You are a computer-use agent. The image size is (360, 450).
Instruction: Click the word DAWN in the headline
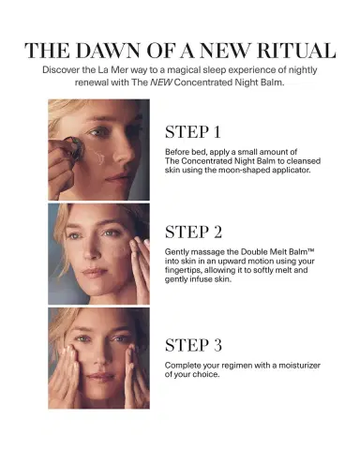(x=108, y=51)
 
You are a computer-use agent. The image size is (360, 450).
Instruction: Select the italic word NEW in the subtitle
(x=161, y=82)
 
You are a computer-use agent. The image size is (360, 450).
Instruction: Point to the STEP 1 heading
(x=193, y=131)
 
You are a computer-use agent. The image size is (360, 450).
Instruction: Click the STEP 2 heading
(x=193, y=232)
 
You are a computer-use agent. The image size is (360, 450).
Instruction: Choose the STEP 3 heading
(x=193, y=345)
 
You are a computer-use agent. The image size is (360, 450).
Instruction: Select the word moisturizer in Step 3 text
(x=299, y=365)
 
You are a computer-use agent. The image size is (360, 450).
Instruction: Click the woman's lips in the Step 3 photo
(x=100, y=377)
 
